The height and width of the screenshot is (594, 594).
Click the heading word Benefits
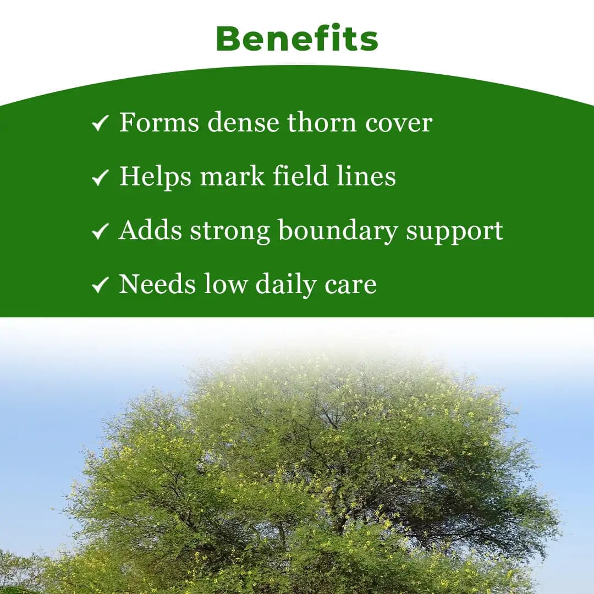click(297, 38)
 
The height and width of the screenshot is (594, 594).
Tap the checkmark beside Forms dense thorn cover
click(100, 124)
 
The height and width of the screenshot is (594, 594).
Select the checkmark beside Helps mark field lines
click(100, 178)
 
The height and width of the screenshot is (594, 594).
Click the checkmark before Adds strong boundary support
click(100, 232)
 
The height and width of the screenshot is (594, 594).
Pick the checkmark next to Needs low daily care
click(100, 285)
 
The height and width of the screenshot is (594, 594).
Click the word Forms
click(159, 123)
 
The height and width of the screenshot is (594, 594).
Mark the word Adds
click(150, 230)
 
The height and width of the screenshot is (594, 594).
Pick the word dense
click(243, 123)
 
